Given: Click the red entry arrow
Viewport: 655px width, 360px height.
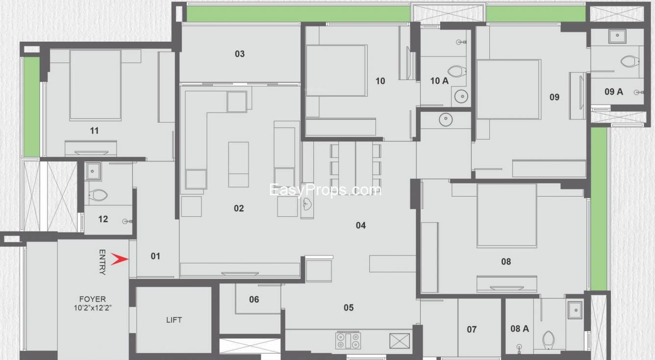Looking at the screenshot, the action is click(120, 259).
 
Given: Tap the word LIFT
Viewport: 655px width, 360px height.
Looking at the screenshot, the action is click(174, 320).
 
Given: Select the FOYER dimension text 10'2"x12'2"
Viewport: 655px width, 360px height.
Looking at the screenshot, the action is click(93, 308).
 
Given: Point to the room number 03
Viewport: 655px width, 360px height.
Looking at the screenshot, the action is click(240, 54).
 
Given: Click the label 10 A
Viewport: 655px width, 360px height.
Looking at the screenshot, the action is click(439, 81).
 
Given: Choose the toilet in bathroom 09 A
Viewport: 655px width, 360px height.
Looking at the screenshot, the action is click(630, 61).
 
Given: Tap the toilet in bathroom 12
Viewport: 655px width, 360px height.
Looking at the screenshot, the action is click(98, 195).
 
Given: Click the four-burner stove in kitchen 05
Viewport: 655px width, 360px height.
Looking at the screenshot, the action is click(348, 341).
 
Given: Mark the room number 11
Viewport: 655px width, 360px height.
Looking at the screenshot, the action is click(94, 131).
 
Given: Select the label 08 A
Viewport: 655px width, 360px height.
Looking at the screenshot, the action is click(520, 329).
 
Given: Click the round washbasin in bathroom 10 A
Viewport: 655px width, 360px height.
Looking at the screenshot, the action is click(461, 96).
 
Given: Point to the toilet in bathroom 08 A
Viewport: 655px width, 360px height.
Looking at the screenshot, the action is click(549, 340).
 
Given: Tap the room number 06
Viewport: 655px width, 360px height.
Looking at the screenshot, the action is click(254, 300).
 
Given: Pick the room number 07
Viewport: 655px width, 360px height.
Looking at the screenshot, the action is click(472, 330).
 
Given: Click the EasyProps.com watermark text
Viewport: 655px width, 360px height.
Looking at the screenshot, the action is click(326, 190).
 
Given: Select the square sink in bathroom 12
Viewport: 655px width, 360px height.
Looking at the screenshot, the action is click(93, 171).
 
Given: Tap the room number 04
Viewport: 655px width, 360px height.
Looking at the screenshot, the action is click(360, 226).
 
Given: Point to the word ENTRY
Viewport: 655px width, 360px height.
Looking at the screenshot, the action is click(102, 262).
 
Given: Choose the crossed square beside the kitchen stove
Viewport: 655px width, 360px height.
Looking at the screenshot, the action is click(400, 341).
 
